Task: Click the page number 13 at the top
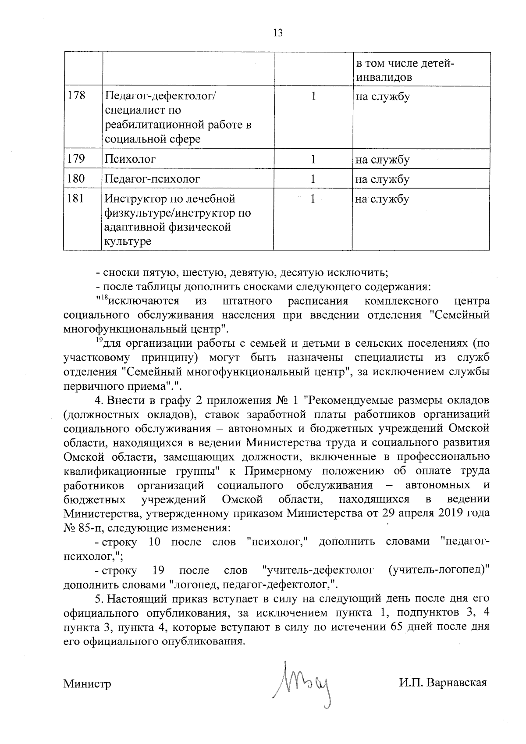(x=277, y=33)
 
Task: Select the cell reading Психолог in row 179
(x=130, y=159)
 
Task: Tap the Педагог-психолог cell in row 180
(x=153, y=179)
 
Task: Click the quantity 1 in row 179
(x=313, y=159)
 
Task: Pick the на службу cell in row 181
(x=382, y=199)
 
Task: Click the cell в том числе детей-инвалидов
(x=405, y=71)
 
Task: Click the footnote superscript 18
(x=104, y=298)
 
